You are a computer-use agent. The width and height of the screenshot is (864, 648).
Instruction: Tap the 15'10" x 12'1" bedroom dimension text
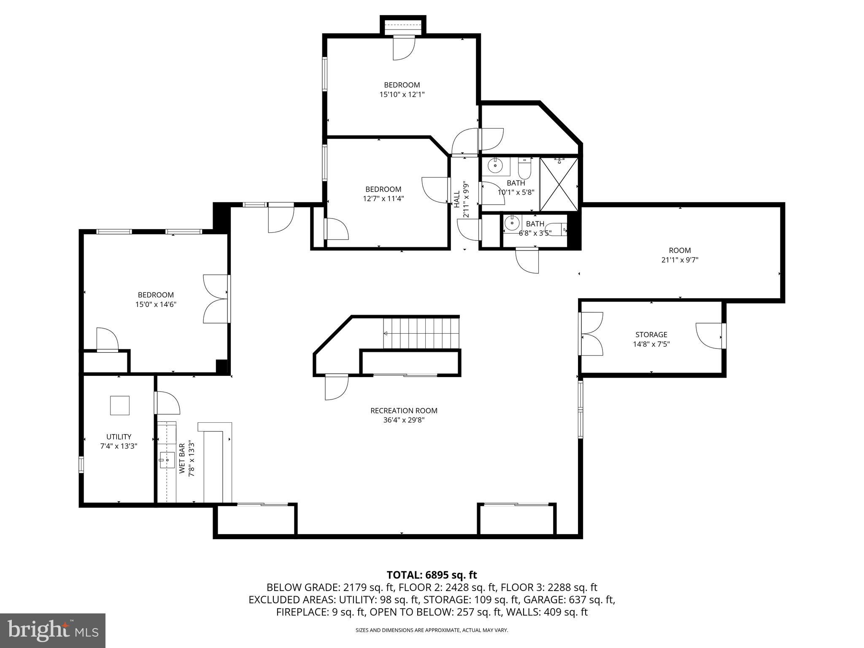tap(402, 94)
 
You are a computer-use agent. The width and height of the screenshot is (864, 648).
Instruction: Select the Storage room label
tap(651, 335)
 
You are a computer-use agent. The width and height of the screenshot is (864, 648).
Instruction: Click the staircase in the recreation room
tap(421, 333)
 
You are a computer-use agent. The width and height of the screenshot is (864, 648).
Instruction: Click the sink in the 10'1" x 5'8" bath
tap(495, 166)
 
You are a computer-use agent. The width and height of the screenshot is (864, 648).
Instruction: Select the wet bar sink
tap(167, 460)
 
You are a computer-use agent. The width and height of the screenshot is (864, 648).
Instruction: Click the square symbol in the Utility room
tap(120, 405)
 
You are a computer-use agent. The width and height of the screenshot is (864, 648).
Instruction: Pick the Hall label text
tap(456, 199)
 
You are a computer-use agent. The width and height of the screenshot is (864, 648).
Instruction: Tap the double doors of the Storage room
tap(591, 333)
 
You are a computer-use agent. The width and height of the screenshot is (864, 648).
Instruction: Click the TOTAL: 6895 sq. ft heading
tap(432, 575)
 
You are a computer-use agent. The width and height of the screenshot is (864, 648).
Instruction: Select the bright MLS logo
tap(53, 630)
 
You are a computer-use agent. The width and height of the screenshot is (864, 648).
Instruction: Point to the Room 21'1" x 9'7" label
tap(680, 255)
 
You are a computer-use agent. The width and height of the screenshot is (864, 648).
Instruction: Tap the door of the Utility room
tap(167, 403)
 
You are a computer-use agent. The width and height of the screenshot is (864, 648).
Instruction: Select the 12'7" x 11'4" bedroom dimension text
tap(383, 198)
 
